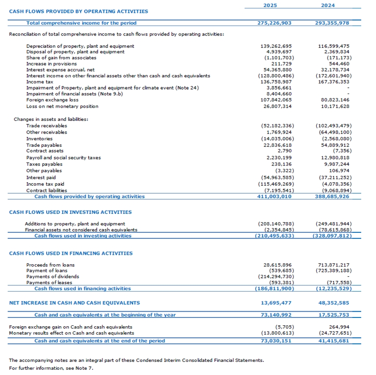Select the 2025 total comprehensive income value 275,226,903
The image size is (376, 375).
(x=274, y=23)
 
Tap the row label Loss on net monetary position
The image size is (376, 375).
(x=62, y=106)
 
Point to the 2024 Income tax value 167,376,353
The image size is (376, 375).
(x=332, y=82)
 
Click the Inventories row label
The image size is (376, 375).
(x=40, y=139)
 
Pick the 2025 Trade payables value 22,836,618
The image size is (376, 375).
(x=276, y=145)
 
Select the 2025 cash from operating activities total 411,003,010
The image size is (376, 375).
(x=274, y=196)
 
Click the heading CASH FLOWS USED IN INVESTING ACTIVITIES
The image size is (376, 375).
(x=70, y=212)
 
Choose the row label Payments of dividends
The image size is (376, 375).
(x=53, y=277)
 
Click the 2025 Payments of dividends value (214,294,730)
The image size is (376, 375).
(x=275, y=277)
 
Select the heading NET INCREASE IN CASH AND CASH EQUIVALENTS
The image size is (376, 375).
(x=75, y=303)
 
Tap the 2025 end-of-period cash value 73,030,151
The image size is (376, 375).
(x=274, y=341)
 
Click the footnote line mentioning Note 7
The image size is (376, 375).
(x=51, y=368)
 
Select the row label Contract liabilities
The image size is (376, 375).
(x=47, y=191)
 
